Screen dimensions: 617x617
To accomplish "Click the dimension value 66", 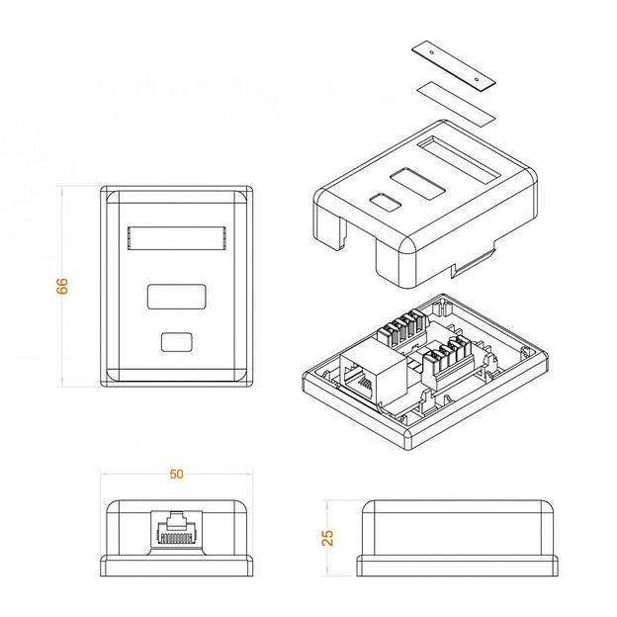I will click(61, 286).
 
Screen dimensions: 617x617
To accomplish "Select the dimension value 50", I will click(176, 474).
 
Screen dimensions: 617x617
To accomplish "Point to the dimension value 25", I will click(328, 537).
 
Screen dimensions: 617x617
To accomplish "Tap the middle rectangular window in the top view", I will click(176, 298).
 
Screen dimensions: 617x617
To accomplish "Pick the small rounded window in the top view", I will click(176, 342).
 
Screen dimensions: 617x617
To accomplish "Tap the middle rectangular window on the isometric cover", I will click(412, 183).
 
